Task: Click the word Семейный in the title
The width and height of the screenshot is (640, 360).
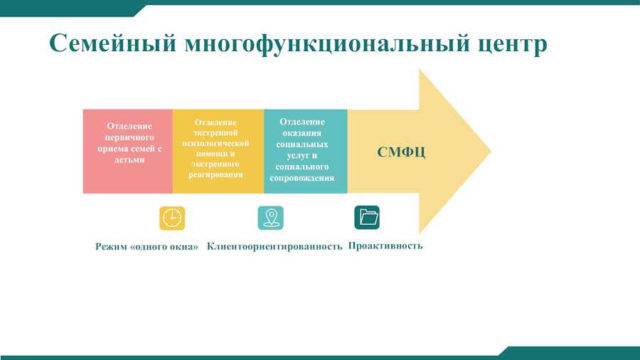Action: (113, 43)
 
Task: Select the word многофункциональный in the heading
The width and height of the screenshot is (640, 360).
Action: (327, 43)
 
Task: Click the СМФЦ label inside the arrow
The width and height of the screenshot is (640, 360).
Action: (401, 152)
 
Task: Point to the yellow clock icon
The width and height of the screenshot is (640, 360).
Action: (172, 218)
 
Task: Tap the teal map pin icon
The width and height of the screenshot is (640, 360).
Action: (271, 218)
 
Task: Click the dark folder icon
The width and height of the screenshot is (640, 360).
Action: (367, 217)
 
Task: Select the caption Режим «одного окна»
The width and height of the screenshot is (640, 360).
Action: (146, 247)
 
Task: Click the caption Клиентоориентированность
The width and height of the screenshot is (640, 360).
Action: (274, 246)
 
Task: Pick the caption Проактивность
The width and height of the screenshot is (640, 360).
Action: (385, 245)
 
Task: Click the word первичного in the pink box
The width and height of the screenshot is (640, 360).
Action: (129, 137)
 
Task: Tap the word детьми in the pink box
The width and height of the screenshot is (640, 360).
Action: (129, 160)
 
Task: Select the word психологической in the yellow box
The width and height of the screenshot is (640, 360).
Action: (215, 144)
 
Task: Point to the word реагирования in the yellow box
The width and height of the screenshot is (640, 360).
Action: (215, 175)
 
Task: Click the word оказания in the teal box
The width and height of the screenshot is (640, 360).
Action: (302, 133)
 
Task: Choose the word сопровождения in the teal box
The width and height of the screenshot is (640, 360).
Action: (302, 178)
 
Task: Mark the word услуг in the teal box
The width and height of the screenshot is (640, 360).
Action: (296, 156)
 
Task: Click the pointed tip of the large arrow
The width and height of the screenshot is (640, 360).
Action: (490, 151)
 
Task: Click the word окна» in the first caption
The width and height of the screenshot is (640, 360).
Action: (186, 247)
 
